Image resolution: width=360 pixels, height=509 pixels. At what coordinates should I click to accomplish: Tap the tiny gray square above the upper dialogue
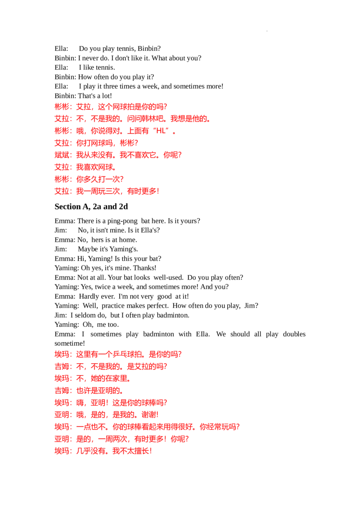tap(268, 31)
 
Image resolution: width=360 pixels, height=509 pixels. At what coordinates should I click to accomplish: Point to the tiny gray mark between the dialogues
tap(151, 290)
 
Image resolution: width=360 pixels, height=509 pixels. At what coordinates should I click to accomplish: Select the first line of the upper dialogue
tap(111, 107)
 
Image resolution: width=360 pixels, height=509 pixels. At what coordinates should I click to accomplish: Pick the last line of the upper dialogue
tap(108, 191)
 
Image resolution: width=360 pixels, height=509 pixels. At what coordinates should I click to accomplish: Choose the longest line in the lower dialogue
tap(147, 427)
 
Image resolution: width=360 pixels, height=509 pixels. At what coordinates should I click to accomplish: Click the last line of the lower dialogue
tap(104, 451)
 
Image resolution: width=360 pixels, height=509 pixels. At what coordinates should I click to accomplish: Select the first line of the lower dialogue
tap(118, 354)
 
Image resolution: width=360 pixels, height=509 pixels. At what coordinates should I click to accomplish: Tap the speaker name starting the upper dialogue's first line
tap(63, 107)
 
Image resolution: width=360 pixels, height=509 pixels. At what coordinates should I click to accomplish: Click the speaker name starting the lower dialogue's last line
tap(63, 451)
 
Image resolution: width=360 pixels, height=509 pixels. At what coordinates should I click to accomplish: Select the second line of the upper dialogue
tap(133, 119)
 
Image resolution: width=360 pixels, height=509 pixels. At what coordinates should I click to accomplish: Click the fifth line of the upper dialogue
tap(118, 156)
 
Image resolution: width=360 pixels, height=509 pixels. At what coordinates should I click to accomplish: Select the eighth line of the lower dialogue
tap(122, 439)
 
